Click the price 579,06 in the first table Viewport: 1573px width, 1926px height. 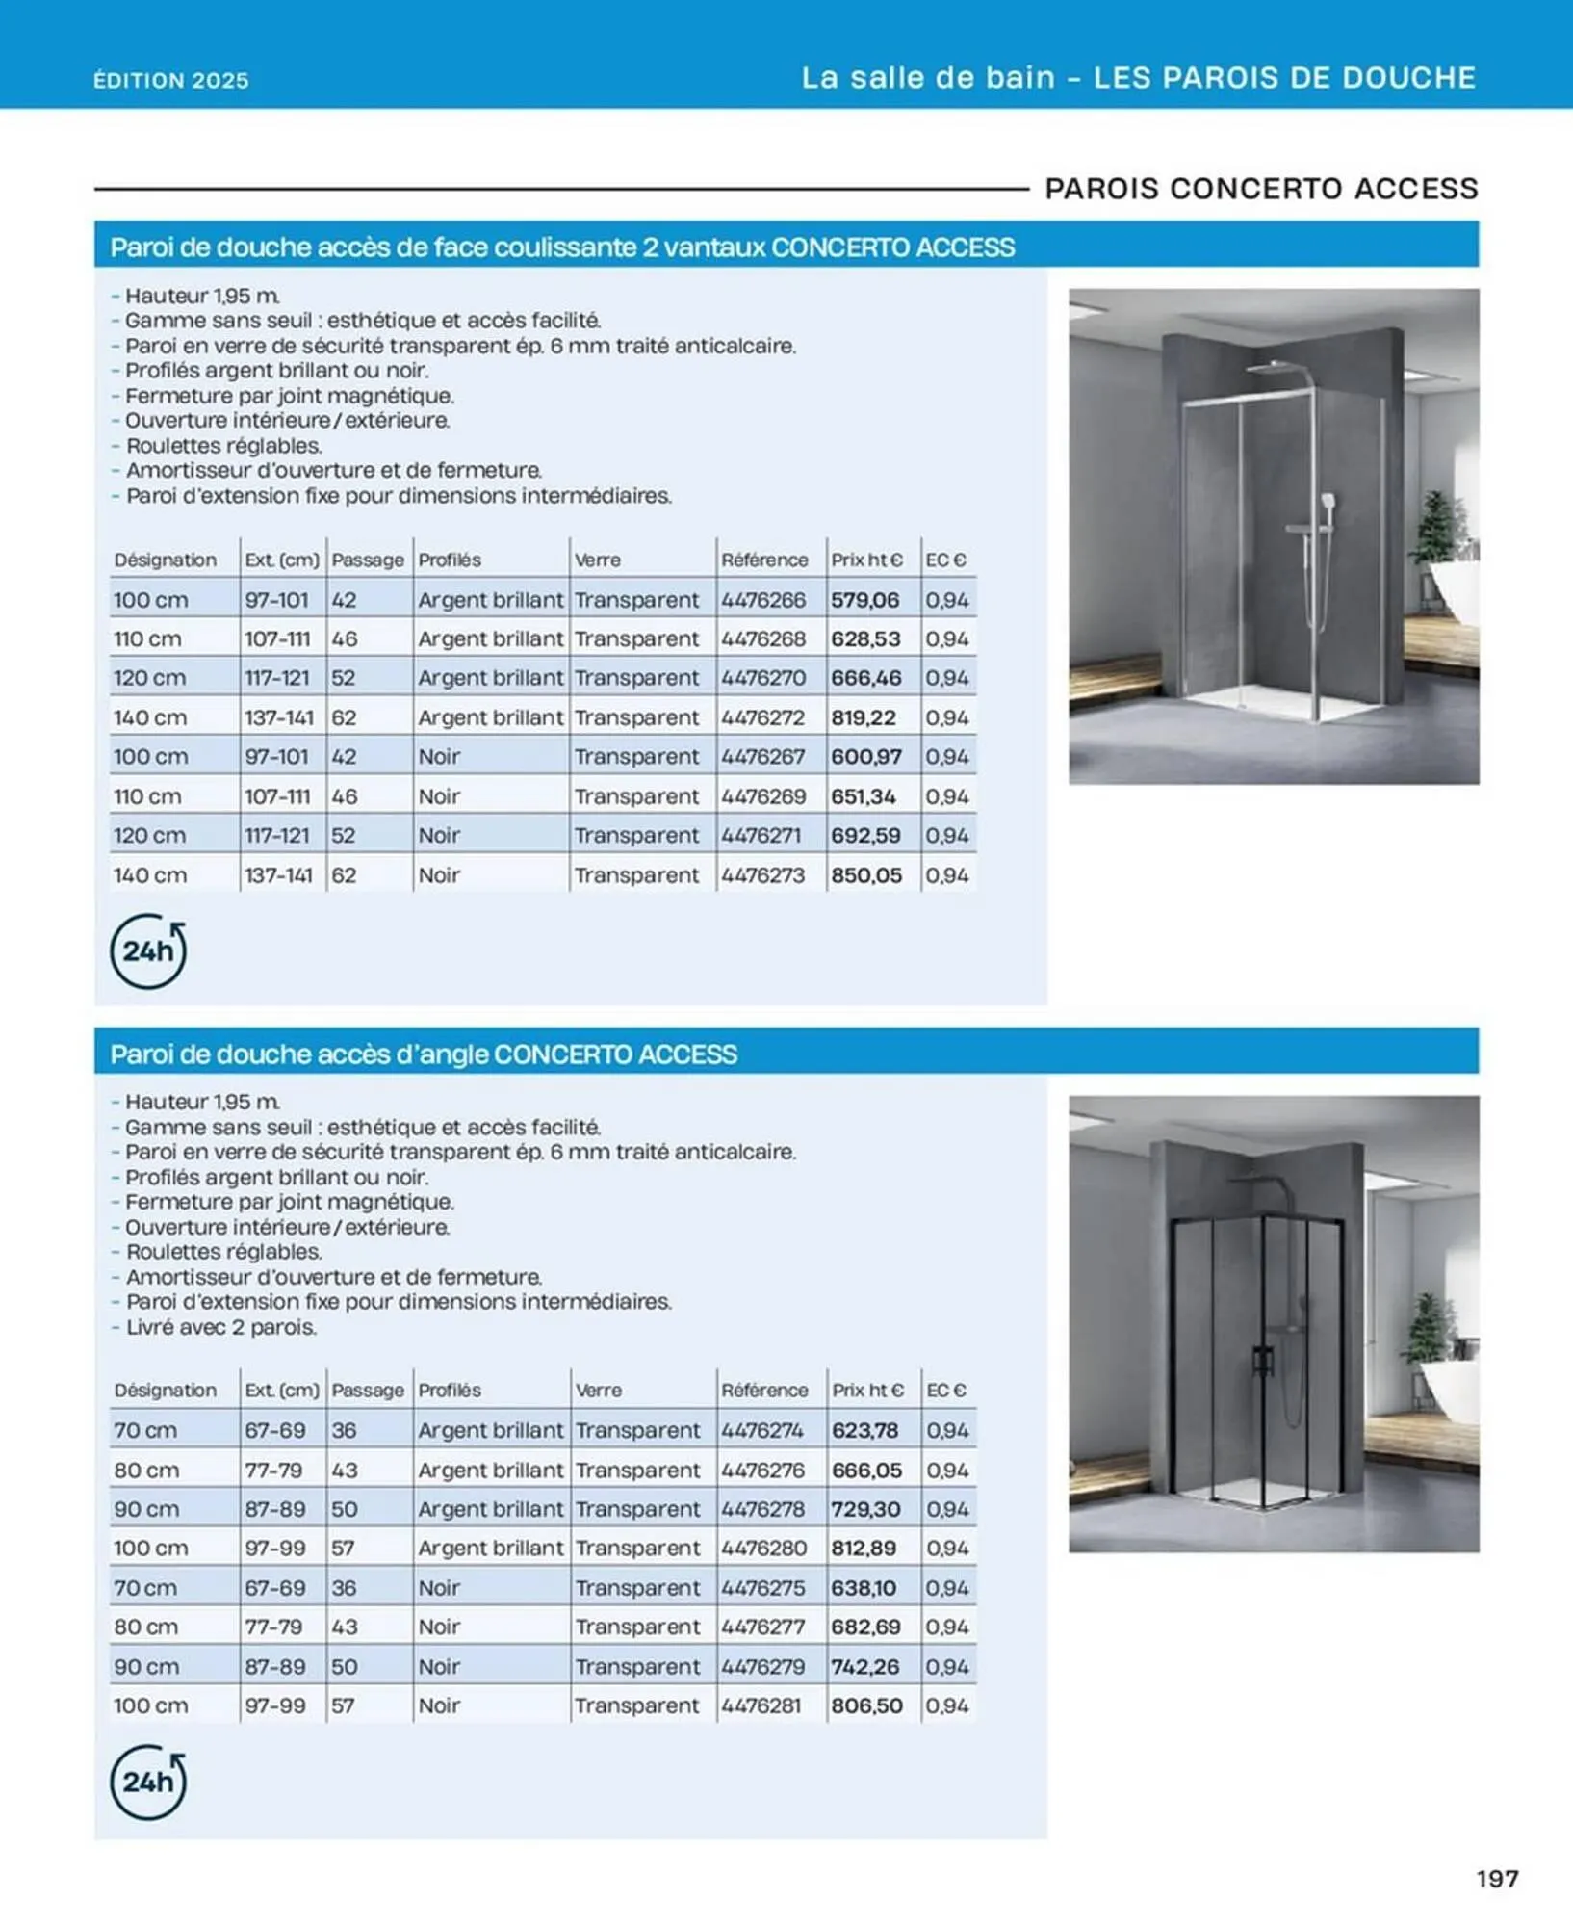click(x=864, y=600)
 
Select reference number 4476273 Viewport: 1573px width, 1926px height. click(x=762, y=875)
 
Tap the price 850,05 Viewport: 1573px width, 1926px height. click(x=865, y=875)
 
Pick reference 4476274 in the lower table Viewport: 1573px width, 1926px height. click(x=762, y=1430)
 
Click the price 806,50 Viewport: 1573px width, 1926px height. click(x=866, y=1705)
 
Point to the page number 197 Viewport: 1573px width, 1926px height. click(x=1497, y=1879)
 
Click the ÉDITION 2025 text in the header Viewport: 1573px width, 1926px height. click(x=171, y=81)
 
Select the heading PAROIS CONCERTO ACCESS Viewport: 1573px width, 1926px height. click(x=1261, y=189)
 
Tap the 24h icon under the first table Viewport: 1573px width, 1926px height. click(x=148, y=951)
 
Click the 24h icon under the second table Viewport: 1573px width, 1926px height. click(x=148, y=1782)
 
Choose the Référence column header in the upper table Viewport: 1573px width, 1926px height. click(x=764, y=560)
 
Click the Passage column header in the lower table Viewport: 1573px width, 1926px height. click(x=368, y=1391)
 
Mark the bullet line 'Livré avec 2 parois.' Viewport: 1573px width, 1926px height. click(x=221, y=1327)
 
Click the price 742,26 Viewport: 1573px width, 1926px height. click(x=865, y=1666)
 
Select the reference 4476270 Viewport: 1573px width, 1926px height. click(x=762, y=678)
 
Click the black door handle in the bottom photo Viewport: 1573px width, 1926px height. click(x=1262, y=1360)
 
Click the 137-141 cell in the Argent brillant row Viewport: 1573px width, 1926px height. click(x=277, y=717)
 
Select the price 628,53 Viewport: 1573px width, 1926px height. click(x=864, y=639)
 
